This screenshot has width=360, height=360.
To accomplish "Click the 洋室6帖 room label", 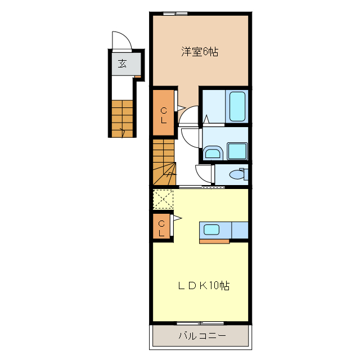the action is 200,52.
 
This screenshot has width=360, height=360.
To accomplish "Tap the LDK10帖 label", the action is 204,285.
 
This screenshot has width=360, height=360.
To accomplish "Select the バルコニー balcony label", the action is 202,336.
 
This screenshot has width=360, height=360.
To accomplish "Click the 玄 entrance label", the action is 122,64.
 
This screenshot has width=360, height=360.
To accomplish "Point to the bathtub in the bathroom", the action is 237,106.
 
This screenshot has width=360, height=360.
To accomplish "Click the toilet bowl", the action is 238,174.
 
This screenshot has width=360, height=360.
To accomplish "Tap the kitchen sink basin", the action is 211,229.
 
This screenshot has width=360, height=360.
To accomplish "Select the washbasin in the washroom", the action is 213,152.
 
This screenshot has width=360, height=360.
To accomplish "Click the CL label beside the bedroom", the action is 164,115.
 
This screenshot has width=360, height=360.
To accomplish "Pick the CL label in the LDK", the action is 161,228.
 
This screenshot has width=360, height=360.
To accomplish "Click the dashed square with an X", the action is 163,199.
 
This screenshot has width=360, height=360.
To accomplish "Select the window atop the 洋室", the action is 175,13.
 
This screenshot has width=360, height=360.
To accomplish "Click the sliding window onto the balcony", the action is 200,323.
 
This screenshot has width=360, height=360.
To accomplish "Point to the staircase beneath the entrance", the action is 122,119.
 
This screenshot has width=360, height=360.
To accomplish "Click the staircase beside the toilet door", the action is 164,162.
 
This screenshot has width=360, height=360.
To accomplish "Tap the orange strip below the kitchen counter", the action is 214,241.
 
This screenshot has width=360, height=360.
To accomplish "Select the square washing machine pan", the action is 237,151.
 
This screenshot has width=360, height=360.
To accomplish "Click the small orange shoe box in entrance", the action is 138,76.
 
